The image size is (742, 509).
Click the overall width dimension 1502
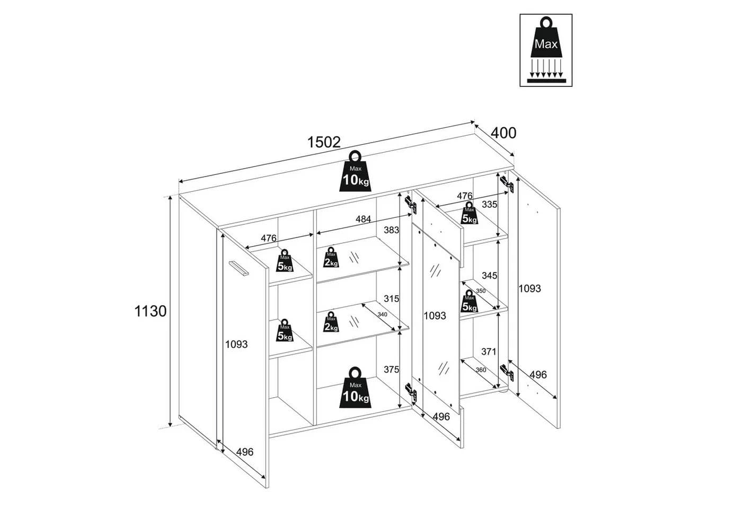click(324, 142)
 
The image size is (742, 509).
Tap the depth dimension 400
click(503, 133)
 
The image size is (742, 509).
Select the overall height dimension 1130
click(151, 311)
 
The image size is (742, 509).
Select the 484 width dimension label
click(363, 219)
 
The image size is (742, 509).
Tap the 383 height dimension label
click(391, 230)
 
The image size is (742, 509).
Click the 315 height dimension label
click(391, 299)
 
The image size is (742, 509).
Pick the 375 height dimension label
click(391, 369)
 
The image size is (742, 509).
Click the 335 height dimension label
click(489, 205)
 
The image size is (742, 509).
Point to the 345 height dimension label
click(489, 275)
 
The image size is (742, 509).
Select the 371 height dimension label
click(489, 351)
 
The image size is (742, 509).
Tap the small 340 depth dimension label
click(382, 314)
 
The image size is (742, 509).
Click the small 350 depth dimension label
click(480, 291)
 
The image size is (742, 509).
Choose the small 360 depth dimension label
click(481, 370)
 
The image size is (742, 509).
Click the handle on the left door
click(238, 268)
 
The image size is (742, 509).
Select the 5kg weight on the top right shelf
click(469, 213)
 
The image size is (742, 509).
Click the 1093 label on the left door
click(236, 344)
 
